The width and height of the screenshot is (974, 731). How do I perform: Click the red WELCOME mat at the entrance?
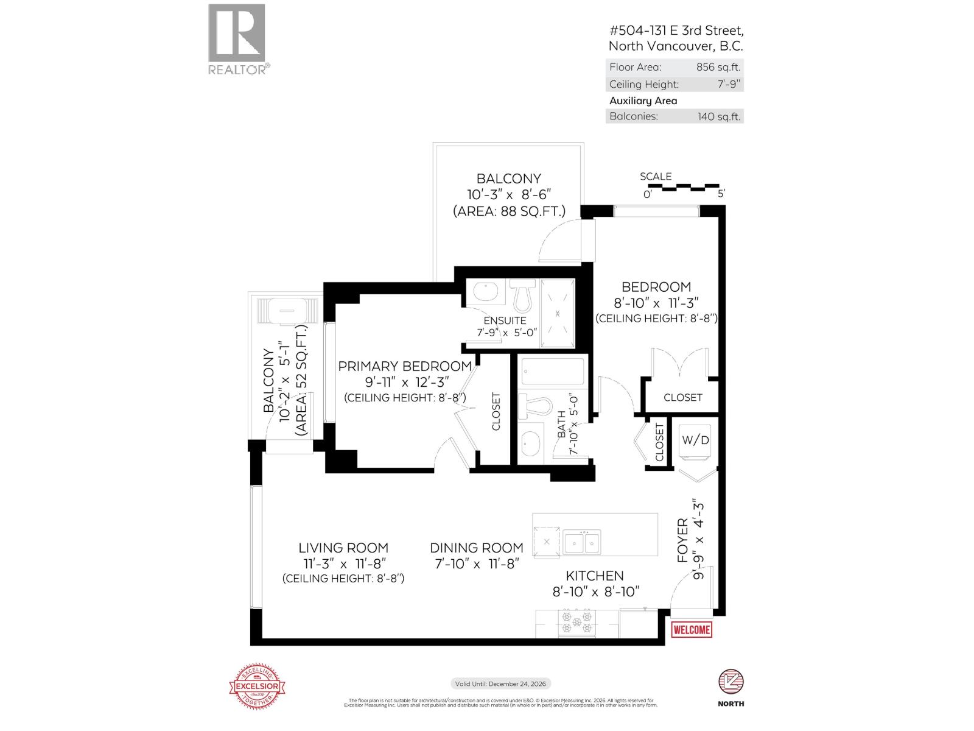coord(691,630)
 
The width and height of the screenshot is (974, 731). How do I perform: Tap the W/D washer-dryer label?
coord(695,440)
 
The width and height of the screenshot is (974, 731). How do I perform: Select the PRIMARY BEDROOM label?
coord(405,366)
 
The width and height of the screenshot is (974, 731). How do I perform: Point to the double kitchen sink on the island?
coord(581,542)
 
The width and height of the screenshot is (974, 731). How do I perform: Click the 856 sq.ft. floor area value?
coord(718,68)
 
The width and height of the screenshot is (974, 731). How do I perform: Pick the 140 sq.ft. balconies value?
coord(719,116)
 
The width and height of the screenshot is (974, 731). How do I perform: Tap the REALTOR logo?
coord(237,40)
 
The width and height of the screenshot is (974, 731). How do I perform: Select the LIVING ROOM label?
coord(343,548)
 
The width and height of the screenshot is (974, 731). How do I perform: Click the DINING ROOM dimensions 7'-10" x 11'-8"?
coord(477,564)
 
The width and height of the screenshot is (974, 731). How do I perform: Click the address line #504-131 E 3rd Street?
coord(676,30)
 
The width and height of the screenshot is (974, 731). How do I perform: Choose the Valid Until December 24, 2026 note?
coord(500,684)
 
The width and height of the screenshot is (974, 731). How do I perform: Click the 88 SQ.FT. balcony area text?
coord(509,211)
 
